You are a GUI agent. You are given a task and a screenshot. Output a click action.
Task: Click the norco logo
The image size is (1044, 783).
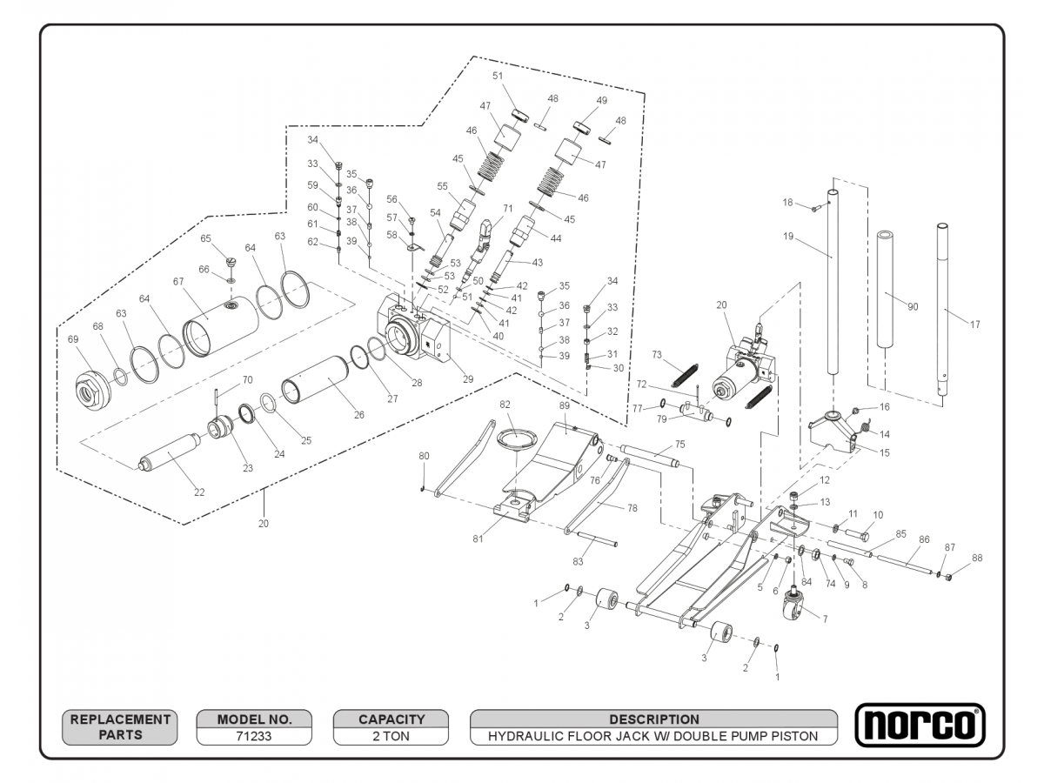[920, 725]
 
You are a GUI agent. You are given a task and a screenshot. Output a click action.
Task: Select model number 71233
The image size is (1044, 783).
[253, 736]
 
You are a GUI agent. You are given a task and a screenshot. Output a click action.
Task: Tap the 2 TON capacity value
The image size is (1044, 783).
[391, 736]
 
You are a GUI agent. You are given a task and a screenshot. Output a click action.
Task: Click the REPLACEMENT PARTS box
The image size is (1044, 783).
[120, 726]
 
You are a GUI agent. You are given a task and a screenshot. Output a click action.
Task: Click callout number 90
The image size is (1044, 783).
[913, 306]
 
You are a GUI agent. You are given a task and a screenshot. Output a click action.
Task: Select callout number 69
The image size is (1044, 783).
[73, 339]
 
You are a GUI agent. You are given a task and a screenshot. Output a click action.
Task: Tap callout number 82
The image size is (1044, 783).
[505, 405]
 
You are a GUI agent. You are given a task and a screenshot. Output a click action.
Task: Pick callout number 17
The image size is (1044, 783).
[974, 325]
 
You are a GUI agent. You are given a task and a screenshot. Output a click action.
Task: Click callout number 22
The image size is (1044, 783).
[199, 492]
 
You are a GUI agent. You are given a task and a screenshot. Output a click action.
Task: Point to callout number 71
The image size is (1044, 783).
[508, 208]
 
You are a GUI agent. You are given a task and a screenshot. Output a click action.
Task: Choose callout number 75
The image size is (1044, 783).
[679, 444]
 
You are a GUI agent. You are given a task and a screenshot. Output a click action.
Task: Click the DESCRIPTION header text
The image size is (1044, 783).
[653, 719]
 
